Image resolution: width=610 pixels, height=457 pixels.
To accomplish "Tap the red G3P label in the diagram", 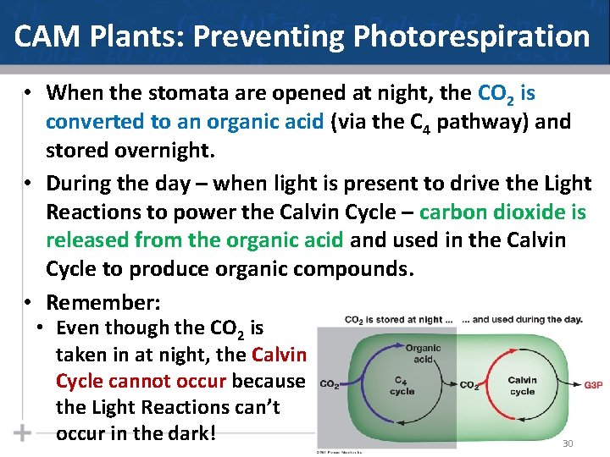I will [593, 385].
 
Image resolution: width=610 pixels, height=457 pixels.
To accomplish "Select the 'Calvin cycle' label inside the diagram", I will [522, 386].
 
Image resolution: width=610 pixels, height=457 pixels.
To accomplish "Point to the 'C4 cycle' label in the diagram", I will [402, 386].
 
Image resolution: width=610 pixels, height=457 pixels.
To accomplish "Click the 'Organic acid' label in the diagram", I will [423, 353].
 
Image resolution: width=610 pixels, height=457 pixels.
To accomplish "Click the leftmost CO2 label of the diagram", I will [330, 385].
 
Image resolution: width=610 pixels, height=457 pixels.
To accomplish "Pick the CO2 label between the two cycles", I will [469, 385].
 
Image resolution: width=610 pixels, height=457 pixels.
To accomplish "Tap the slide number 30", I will [568, 443].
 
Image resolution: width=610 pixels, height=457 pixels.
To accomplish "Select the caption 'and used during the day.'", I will [527, 320].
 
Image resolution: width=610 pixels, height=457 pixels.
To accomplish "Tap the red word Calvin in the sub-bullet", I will [279, 355].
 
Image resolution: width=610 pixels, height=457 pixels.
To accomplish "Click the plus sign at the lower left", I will [23, 432].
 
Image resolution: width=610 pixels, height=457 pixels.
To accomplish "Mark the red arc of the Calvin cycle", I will [561, 385].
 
